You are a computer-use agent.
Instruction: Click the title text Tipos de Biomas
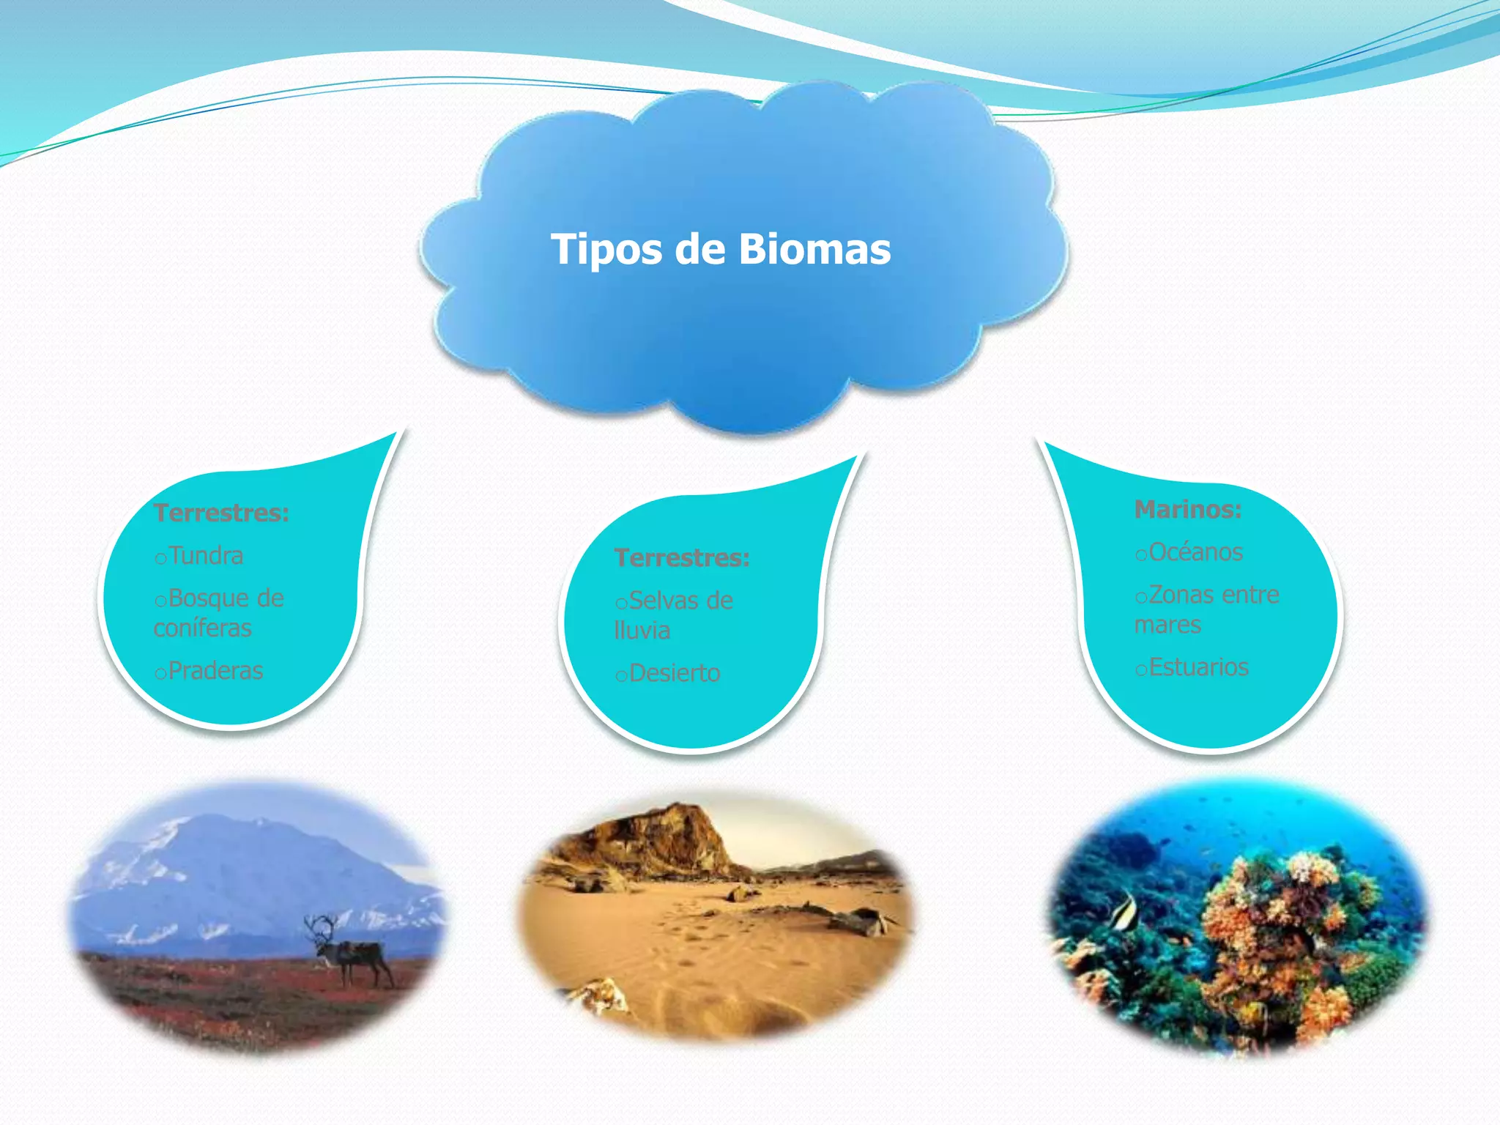click(x=721, y=249)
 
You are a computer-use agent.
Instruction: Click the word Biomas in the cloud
click(x=814, y=249)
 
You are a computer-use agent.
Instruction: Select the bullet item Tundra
click(x=205, y=556)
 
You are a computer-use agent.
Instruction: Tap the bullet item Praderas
click(x=215, y=671)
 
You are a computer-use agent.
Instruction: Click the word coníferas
click(x=203, y=628)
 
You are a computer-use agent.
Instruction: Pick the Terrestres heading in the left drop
click(x=221, y=513)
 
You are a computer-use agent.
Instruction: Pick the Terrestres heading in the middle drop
click(x=682, y=558)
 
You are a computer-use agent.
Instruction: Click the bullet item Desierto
click(x=674, y=673)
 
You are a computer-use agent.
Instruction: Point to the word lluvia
click(x=642, y=631)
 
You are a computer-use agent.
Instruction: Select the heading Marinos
click(x=1187, y=509)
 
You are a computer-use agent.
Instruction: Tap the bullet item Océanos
click(x=1195, y=552)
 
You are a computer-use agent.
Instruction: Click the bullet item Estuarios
click(x=1198, y=667)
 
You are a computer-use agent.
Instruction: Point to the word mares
click(x=1167, y=625)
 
